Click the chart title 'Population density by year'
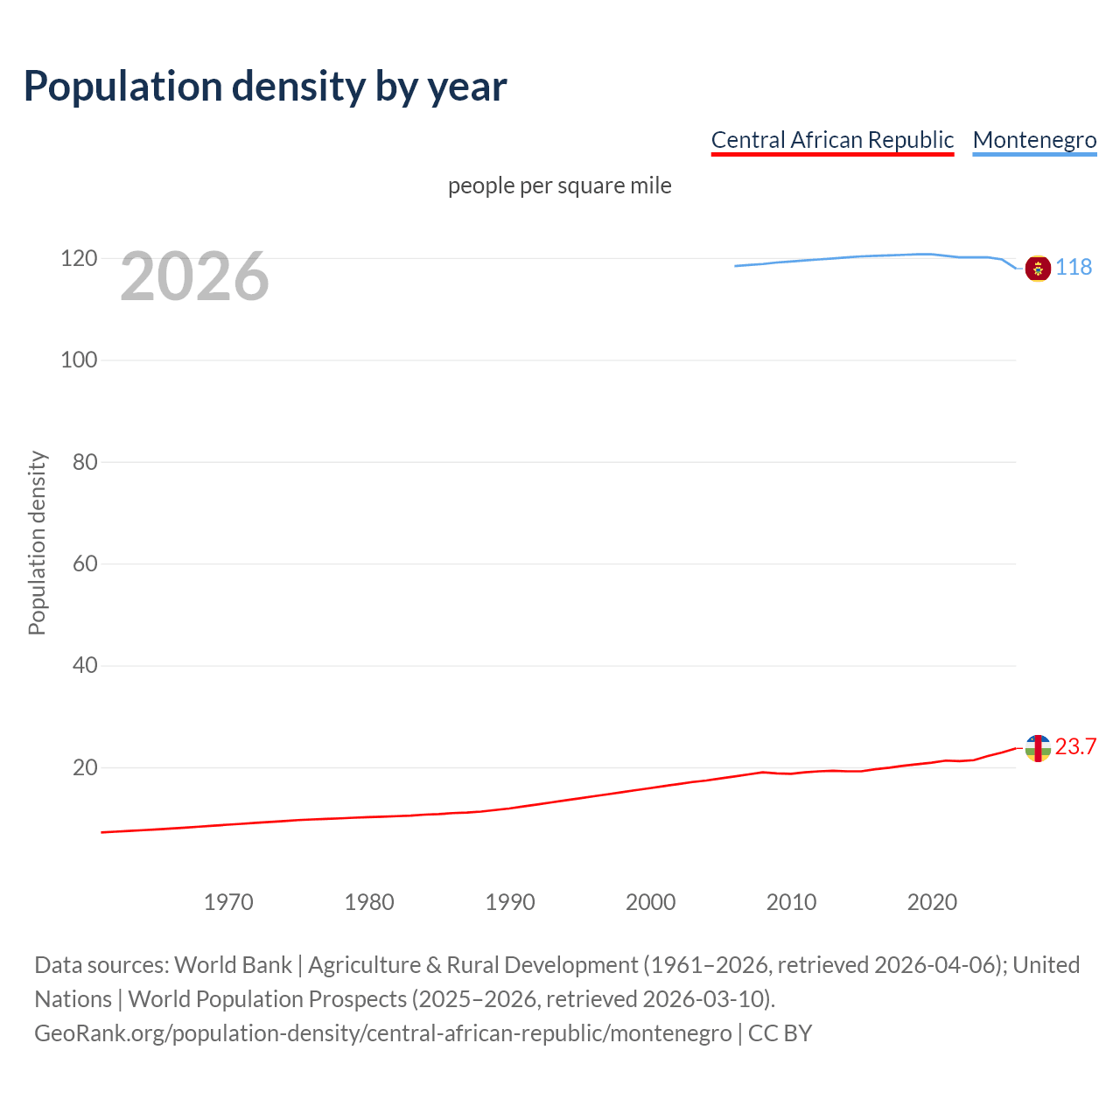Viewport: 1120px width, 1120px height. pyautogui.click(x=265, y=87)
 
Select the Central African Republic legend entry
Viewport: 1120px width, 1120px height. pyautogui.click(x=832, y=140)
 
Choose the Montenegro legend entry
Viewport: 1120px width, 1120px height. pyautogui.click(x=1034, y=140)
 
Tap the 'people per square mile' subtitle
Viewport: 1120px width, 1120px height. pyautogui.click(x=559, y=185)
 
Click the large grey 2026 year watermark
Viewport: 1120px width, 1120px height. pyautogui.click(x=194, y=276)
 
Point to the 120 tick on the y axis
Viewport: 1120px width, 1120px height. pyautogui.click(x=78, y=258)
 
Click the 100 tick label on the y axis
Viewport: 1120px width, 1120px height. pyautogui.click(x=78, y=360)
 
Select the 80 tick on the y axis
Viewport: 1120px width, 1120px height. pyautogui.click(x=84, y=462)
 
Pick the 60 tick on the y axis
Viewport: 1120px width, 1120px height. pyautogui.click(x=84, y=563)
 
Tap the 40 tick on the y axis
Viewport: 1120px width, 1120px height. pyautogui.click(x=84, y=665)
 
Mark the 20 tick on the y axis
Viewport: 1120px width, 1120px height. pyautogui.click(x=84, y=767)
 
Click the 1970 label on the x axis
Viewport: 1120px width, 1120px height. pyautogui.click(x=228, y=902)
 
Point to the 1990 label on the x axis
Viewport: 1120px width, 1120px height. pyautogui.click(x=510, y=902)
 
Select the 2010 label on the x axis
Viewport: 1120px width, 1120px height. pyautogui.click(x=791, y=902)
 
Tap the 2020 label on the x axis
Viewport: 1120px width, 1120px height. pyautogui.click(x=932, y=902)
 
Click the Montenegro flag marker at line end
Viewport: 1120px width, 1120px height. pyautogui.click(x=1038, y=268)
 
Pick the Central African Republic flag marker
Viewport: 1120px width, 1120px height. pyautogui.click(x=1038, y=748)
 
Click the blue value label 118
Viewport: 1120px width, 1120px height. pyautogui.click(x=1074, y=267)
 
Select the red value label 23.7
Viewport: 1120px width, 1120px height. pyautogui.click(x=1075, y=746)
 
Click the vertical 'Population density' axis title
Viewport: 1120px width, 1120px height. pyautogui.click(x=37, y=542)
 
